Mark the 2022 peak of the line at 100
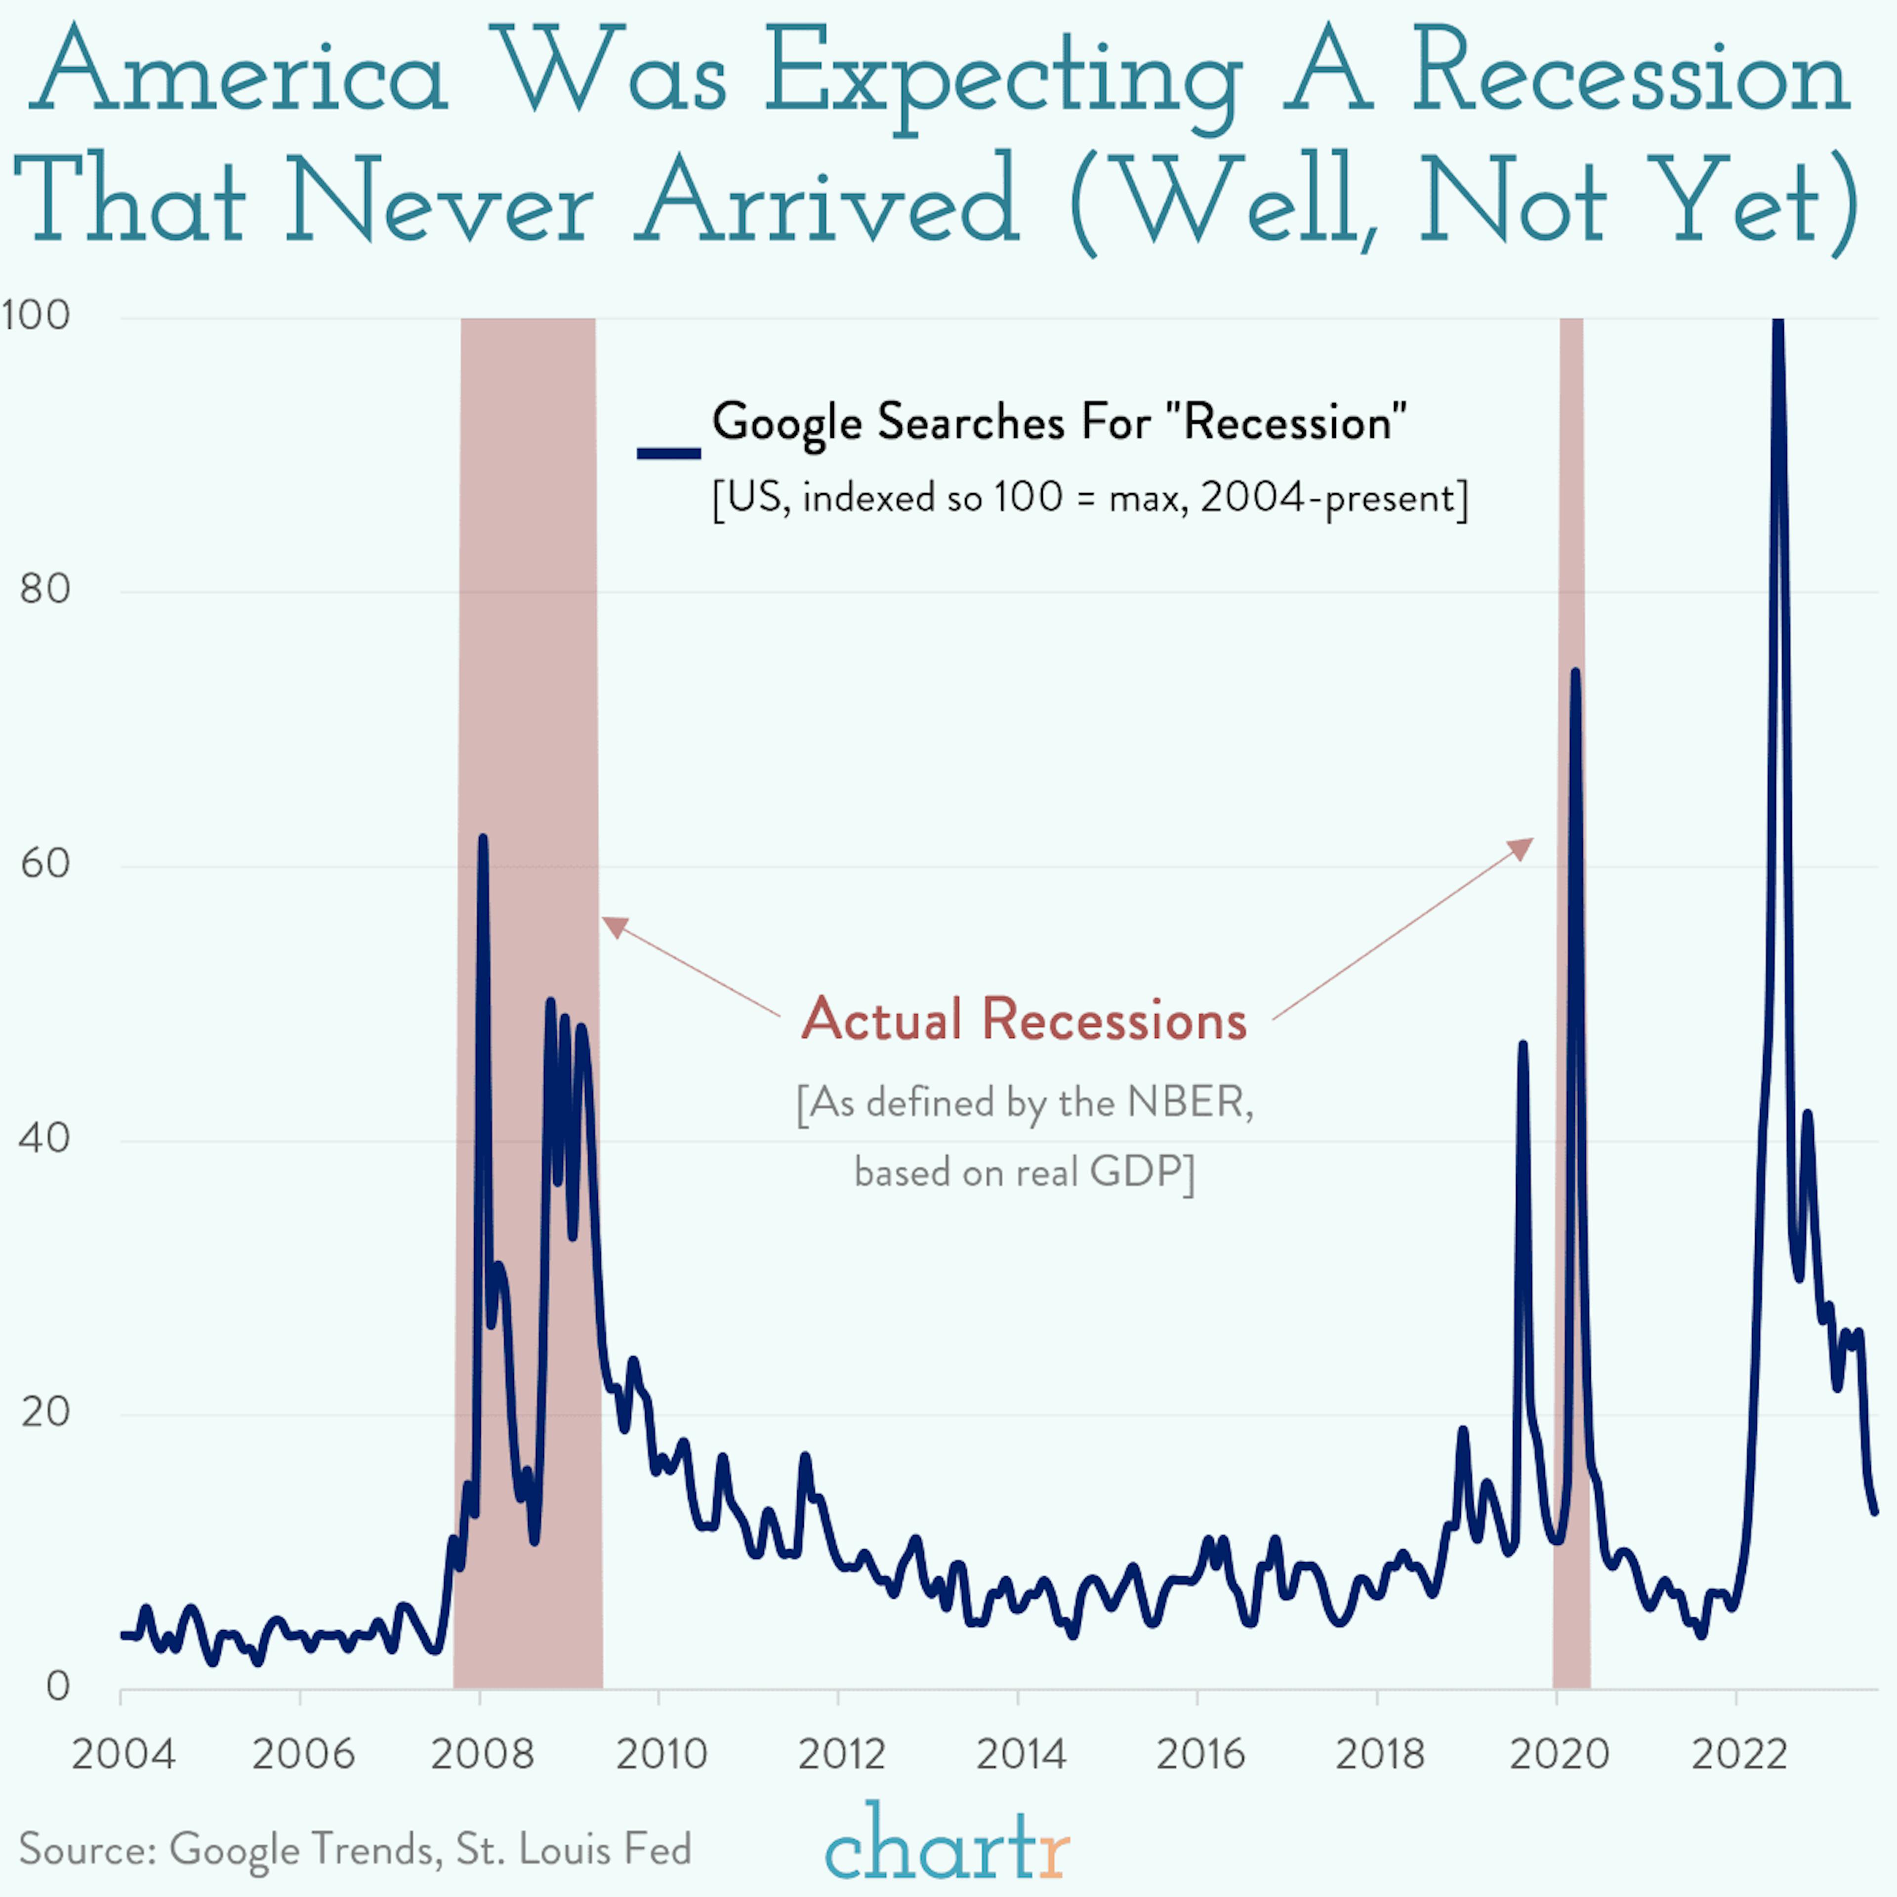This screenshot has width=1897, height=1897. [1777, 324]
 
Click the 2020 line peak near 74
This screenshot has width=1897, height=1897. [1575, 673]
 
